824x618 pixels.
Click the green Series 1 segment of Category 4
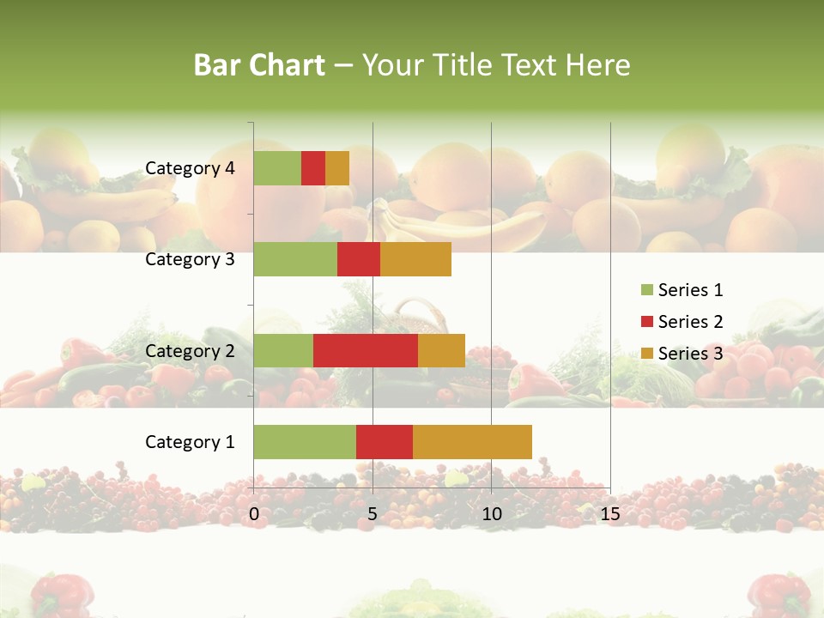277,168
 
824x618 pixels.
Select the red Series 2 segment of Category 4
313,168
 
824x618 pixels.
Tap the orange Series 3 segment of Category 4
337,168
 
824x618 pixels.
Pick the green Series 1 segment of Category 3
295,259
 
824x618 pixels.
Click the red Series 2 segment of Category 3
359,259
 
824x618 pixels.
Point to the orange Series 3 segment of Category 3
415,259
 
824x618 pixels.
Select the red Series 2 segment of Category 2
366,350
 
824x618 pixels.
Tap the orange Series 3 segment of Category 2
441,350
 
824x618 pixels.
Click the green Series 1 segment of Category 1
305,442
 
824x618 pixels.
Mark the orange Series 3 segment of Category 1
472,442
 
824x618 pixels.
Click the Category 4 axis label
190,168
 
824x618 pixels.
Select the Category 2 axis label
190,350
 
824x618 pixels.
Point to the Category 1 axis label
190,442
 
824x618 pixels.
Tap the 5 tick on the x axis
373,514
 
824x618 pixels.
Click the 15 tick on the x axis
609,514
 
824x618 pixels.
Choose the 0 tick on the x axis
254,514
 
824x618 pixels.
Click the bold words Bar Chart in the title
259,64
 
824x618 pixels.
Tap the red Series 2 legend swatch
646,322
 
